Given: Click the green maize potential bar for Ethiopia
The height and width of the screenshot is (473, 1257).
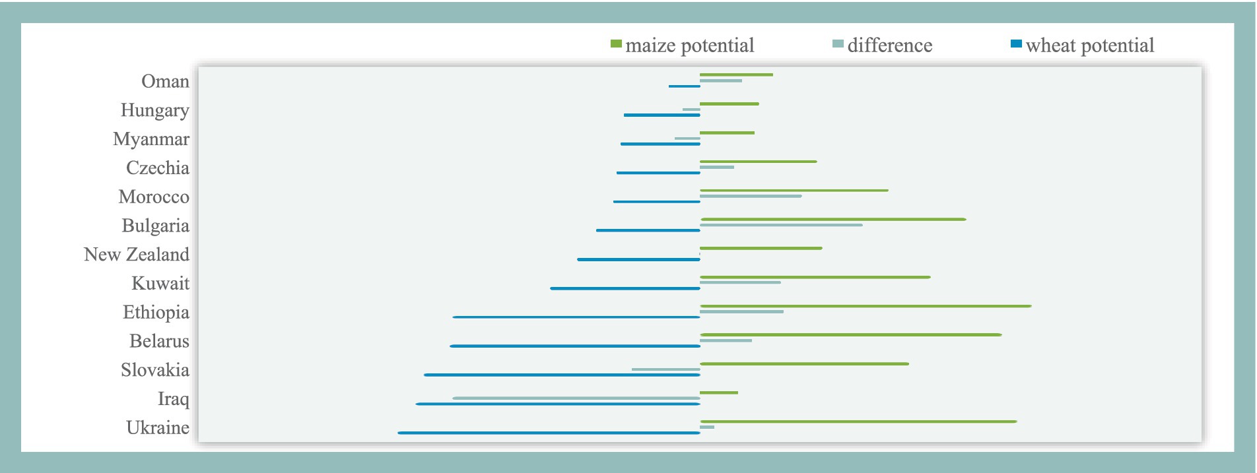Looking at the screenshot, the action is point(866,306).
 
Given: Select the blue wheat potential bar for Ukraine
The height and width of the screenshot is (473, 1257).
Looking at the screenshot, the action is point(549,433).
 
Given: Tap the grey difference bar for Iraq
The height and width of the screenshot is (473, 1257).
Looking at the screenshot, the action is point(576,398).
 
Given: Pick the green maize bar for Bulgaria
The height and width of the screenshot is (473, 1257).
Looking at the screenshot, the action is point(833,219).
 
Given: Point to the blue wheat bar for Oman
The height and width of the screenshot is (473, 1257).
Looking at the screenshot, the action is point(684,86).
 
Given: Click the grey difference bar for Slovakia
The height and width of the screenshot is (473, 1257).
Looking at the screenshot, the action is point(666,369).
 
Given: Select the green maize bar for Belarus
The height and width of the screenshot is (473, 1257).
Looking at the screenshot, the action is point(851,335).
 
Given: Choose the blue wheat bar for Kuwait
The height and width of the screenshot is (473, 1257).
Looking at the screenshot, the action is point(625,288).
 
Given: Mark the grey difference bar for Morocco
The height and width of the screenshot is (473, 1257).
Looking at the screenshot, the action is point(751,196).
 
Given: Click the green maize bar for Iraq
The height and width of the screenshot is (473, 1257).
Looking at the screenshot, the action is point(719,393).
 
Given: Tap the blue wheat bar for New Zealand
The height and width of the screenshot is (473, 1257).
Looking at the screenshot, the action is point(638,259).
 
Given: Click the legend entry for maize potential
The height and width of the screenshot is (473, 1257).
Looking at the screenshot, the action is point(683,45).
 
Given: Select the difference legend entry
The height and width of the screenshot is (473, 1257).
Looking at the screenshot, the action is point(883,45).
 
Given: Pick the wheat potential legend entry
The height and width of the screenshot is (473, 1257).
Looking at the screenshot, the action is point(1083,45).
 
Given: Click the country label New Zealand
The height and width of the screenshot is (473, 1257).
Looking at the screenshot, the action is point(137,254).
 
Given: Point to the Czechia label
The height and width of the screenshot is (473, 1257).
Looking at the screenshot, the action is point(158,168).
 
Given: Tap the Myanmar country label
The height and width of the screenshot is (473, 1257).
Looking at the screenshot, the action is point(151,139).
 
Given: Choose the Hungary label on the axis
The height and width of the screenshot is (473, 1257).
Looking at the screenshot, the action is point(155,110).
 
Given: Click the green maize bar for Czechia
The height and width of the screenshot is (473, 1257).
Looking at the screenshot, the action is point(759,162).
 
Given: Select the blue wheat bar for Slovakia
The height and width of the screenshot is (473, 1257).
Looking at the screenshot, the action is point(562,375).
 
